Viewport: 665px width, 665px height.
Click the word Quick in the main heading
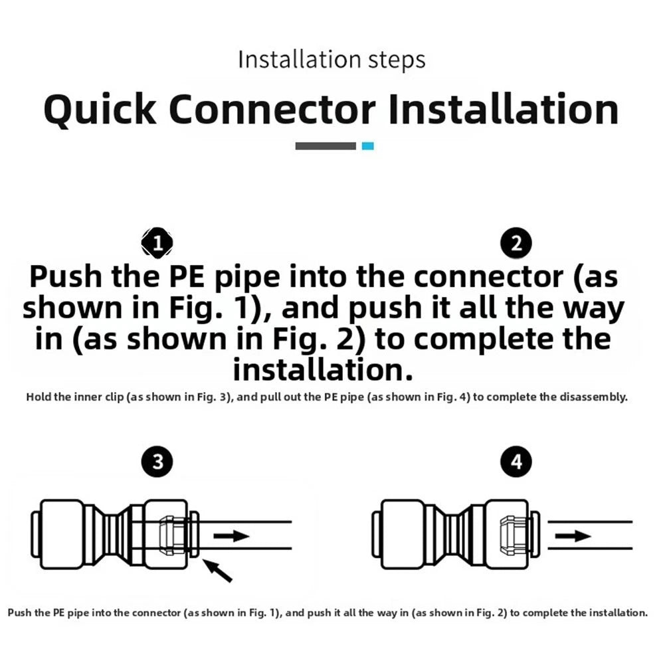click(100, 110)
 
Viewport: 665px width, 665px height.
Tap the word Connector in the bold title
click(272, 110)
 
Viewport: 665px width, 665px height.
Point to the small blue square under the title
click(367, 146)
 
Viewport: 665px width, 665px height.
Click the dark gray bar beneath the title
click(326, 146)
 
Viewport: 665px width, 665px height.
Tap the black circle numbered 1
click(157, 243)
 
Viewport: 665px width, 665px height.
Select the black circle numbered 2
click(516, 243)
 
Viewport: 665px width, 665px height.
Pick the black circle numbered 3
click(157, 462)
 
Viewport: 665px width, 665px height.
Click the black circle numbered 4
click(516, 462)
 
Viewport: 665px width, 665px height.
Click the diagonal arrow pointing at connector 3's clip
click(217, 571)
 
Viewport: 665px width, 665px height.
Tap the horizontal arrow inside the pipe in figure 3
click(231, 535)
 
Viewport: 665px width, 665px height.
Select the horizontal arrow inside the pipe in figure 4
click(573, 536)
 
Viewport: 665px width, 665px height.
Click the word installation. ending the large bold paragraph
click(323, 370)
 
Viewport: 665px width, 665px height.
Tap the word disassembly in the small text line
click(593, 397)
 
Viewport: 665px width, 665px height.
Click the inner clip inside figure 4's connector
click(514, 535)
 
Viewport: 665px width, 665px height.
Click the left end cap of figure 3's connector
click(36, 534)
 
